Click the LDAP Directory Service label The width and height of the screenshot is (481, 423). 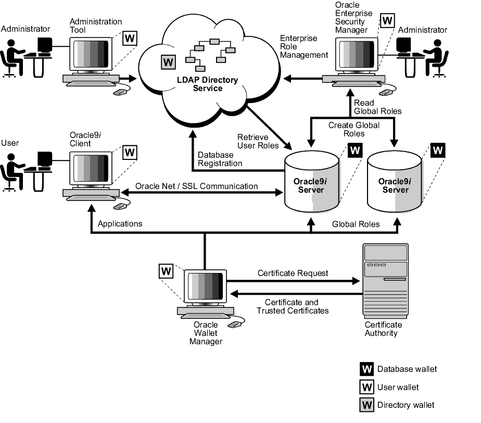[206, 84]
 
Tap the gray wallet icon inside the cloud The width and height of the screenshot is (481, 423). [167, 61]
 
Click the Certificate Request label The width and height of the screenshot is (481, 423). [293, 273]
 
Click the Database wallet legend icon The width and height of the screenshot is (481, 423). [366, 369]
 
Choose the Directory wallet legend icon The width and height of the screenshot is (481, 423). [366, 405]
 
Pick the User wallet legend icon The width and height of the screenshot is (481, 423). [366, 387]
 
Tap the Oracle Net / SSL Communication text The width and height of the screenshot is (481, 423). [196, 186]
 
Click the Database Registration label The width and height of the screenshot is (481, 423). [220, 159]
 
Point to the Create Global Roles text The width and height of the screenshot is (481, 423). [353, 129]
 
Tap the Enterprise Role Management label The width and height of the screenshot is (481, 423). [304, 46]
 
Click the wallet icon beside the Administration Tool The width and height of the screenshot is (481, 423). [130, 39]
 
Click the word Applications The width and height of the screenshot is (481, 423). [120, 224]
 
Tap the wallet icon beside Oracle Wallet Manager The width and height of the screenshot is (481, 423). [166, 270]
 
